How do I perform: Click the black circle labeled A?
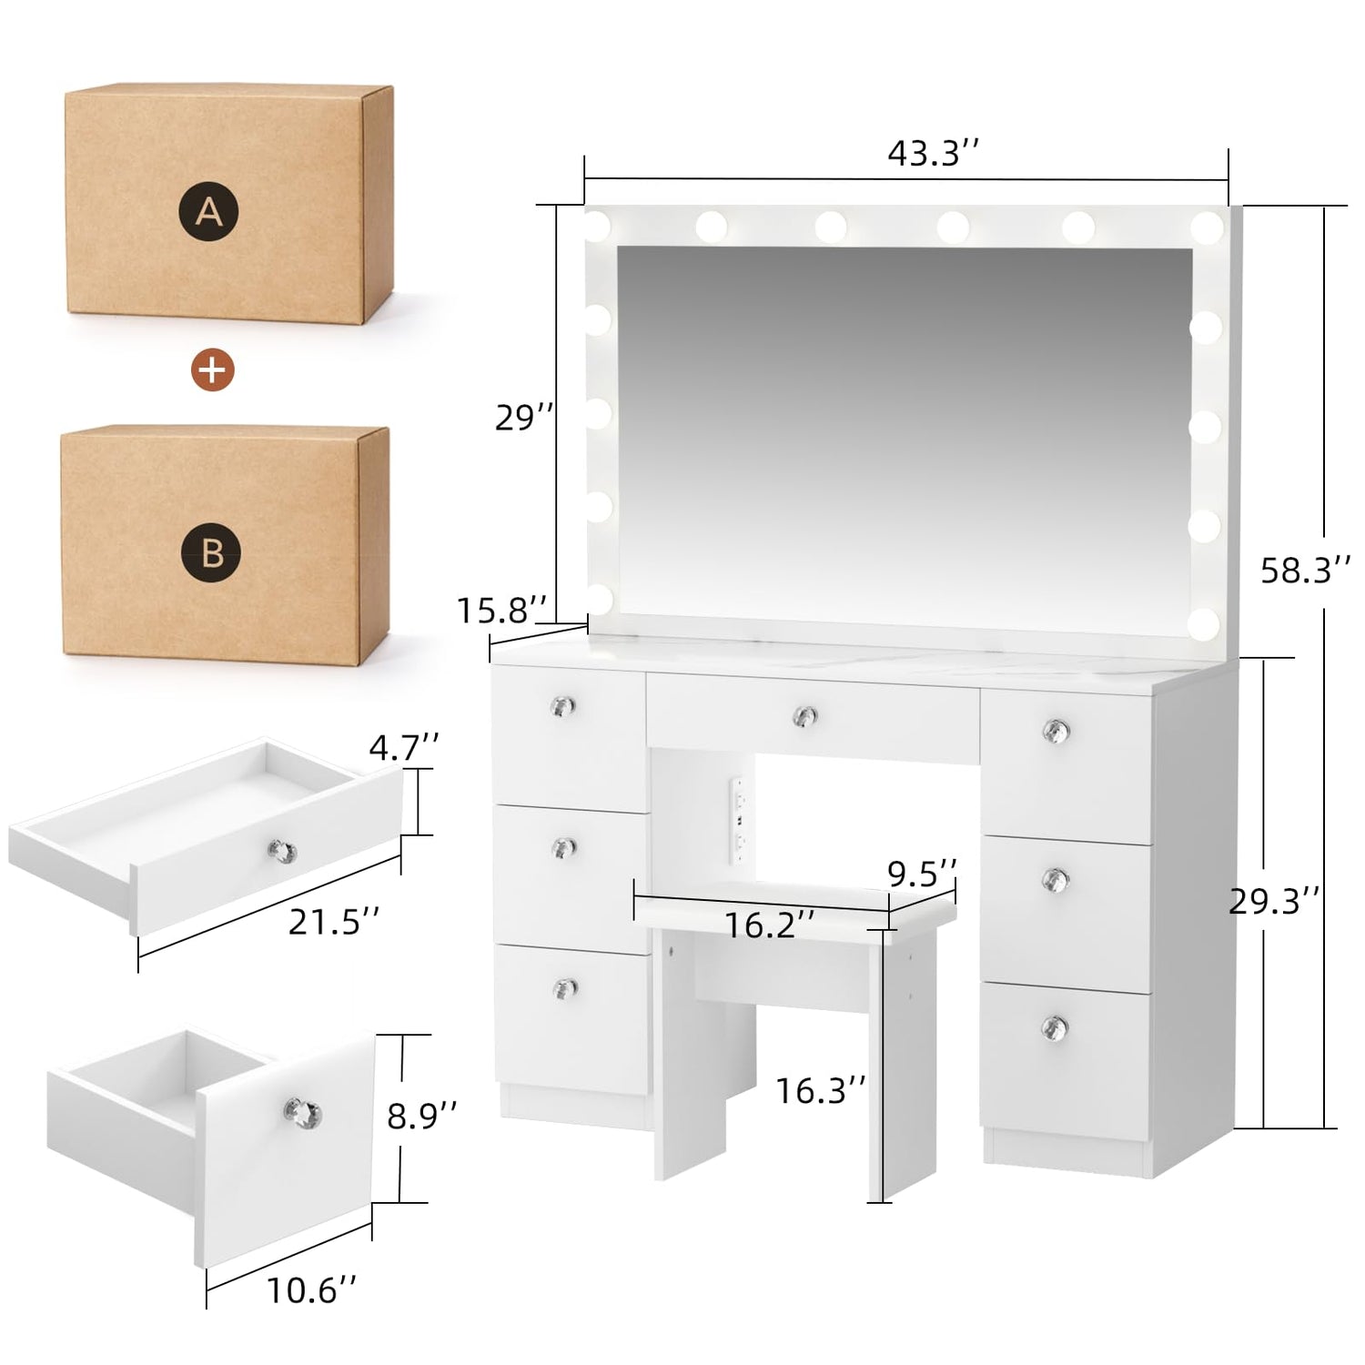pyautogui.click(x=209, y=213)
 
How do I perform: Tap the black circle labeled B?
pyautogui.click(x=211, y=551)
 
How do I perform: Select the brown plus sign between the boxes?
pyautogui.click(x=212, y=369)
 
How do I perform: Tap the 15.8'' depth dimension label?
pyautogui.click(x=502, y=610)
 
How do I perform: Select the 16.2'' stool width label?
pyautogui.click(x=769, y=925)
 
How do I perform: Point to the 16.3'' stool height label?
pyautogui.click(x=820, y=1089)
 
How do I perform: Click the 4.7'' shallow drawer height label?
pyautogui.click(x=404, y=748)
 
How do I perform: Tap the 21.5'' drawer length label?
pyautogui.click(x=333, y=922)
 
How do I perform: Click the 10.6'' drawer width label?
pyautogui.click(x=311, y=1289)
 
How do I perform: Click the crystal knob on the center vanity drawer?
pyautogui.click(x=804, y=716)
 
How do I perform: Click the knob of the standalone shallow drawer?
pyautogui.click(x=282, y=851)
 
